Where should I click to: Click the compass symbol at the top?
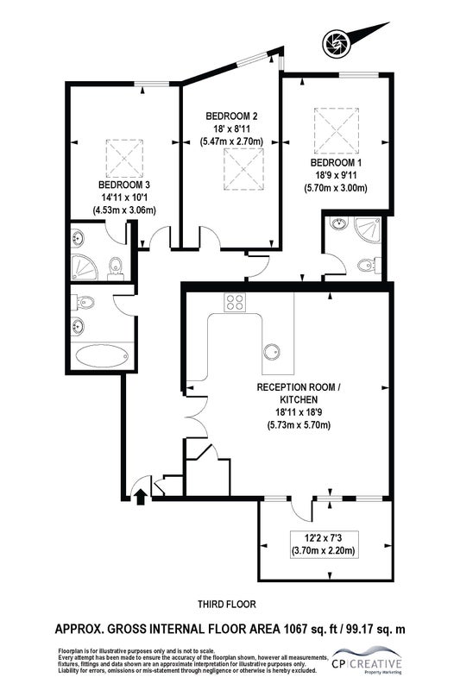click(x=336, y=44)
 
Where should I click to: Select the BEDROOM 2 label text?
click(x=231, y=116)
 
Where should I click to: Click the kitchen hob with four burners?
click(x=235, y=303)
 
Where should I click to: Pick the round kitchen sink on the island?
click(x=271, y=351)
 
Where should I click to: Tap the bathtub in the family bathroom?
click(x=102, y=355)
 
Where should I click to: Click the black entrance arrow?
click(x=141, y=497)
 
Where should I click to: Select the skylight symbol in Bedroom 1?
click(x=337, y=130)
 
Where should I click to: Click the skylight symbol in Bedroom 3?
click(x=124, y=159)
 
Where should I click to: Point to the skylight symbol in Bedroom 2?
click(x=244, y=169)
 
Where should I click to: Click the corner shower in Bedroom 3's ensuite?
click(x=84, y=267)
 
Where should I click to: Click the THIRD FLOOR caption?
click(x=227, y=605)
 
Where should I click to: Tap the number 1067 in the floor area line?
click(x=296, y=630)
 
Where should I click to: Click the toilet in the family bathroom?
click(x=85, y=302)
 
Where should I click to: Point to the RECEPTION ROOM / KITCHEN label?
click(x=299, y=393)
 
